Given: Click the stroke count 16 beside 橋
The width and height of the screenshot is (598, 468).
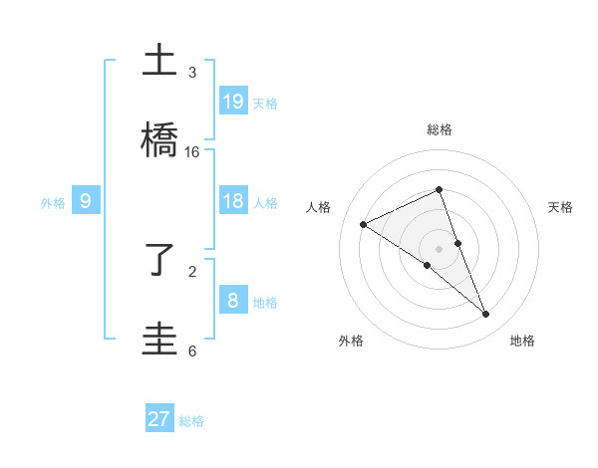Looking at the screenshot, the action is tap(192, 151).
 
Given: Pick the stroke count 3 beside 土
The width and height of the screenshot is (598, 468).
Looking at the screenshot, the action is tap(192, 73).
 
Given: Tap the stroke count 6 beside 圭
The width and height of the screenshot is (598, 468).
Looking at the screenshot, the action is tap(192, 351).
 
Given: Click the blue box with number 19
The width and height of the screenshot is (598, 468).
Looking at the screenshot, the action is tap(233, 101).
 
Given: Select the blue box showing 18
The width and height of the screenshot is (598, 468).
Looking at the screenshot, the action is tap(233, 201).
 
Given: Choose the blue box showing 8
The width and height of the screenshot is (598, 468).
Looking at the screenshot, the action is tap(233, 300).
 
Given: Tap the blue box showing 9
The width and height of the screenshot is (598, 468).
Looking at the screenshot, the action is tap(86, 201).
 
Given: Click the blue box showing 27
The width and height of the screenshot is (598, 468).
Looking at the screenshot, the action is tap(159, 419).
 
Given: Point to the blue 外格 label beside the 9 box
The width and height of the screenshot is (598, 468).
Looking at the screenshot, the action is tap(53, 202).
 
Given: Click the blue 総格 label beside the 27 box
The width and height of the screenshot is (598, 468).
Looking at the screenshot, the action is tap(191, 421).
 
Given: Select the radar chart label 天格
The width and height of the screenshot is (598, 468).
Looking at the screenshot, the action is tap(560, 207).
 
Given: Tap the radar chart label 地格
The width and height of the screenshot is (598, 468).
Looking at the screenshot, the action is tap(522, 341).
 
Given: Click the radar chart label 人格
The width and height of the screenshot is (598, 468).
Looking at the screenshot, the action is tap(319, 207).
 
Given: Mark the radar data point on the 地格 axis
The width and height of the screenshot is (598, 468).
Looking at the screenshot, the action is tap(486, 315).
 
